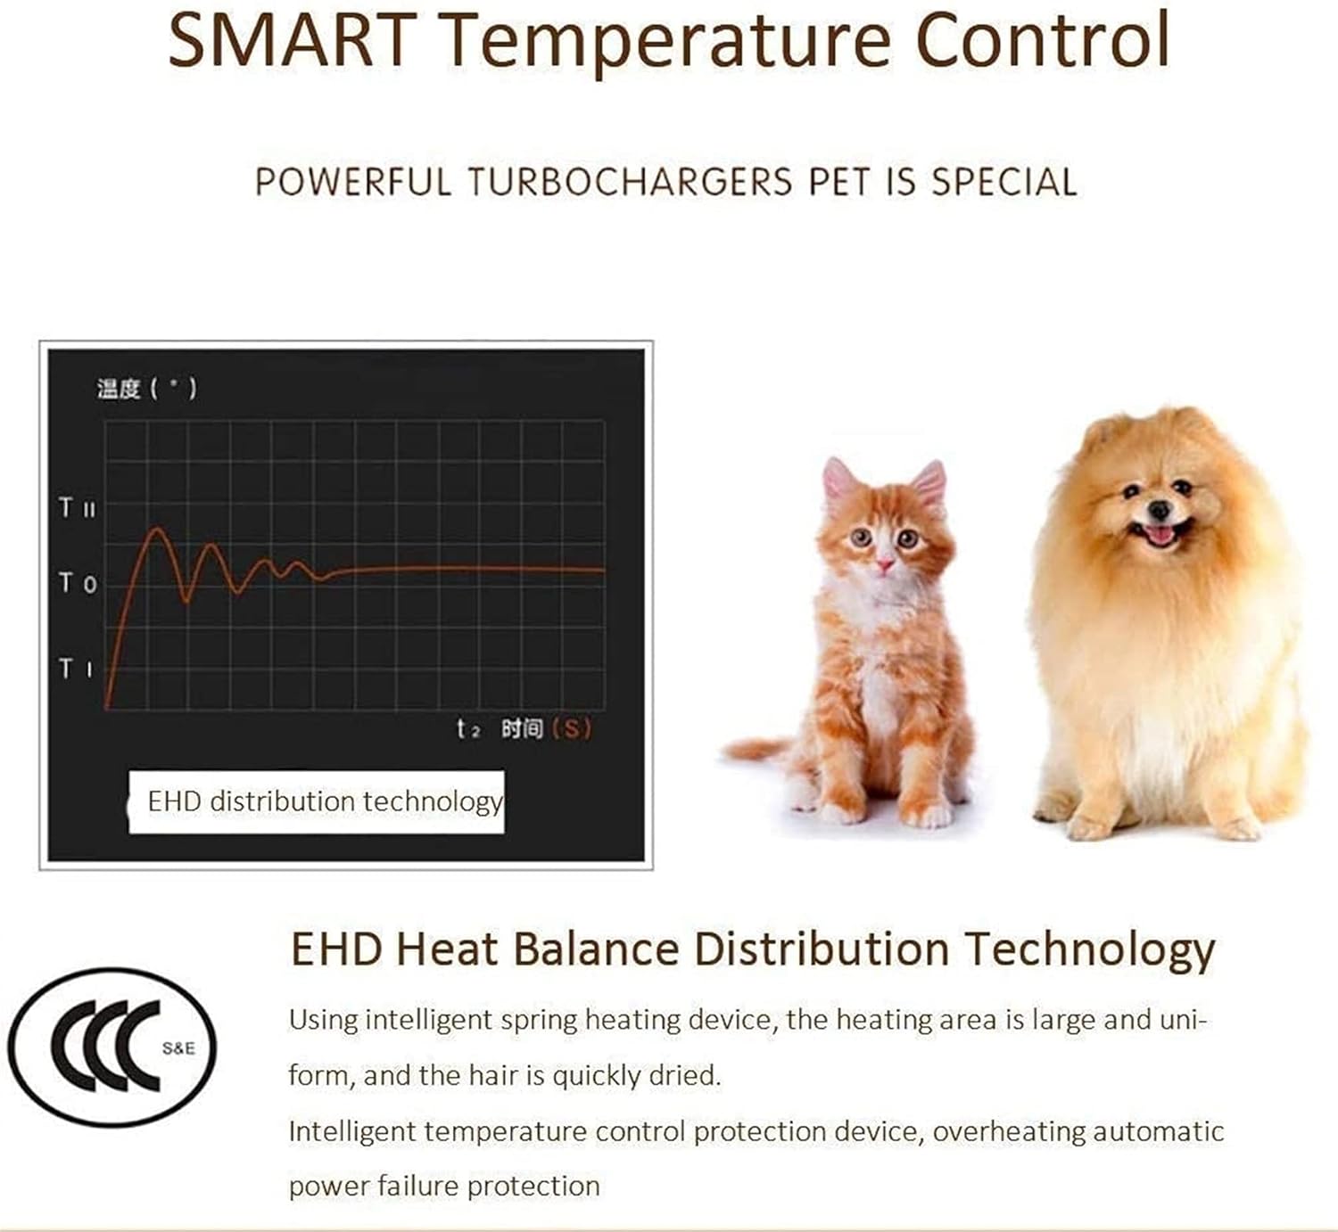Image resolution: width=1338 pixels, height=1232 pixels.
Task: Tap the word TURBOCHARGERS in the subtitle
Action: [630, 183]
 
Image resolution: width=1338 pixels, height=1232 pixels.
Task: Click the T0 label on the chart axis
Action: [78, 584]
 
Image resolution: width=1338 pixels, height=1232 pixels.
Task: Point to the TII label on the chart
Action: [77, 508]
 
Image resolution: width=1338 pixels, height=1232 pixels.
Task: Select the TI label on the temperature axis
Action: [75, 668]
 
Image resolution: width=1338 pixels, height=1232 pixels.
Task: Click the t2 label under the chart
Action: [467, 729]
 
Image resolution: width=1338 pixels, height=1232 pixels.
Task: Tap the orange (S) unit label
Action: [571, 729]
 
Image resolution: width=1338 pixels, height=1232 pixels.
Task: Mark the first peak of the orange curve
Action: [158, 530]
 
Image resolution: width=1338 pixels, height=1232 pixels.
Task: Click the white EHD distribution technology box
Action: [317, 802]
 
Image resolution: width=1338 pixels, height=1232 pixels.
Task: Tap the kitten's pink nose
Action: [884, 565]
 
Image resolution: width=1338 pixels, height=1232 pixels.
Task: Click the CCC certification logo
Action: [112, 1047]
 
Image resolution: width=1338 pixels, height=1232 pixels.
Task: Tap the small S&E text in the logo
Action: [178, 1048]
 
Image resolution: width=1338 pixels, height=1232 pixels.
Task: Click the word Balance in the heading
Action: [596, 949]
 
